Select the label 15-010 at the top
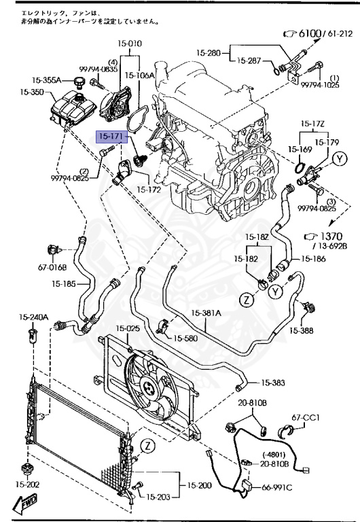point(130,43)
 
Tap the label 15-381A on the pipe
point(206,313)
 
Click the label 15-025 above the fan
point(127,328)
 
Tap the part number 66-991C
point(278,487)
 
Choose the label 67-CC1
point(306,417)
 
